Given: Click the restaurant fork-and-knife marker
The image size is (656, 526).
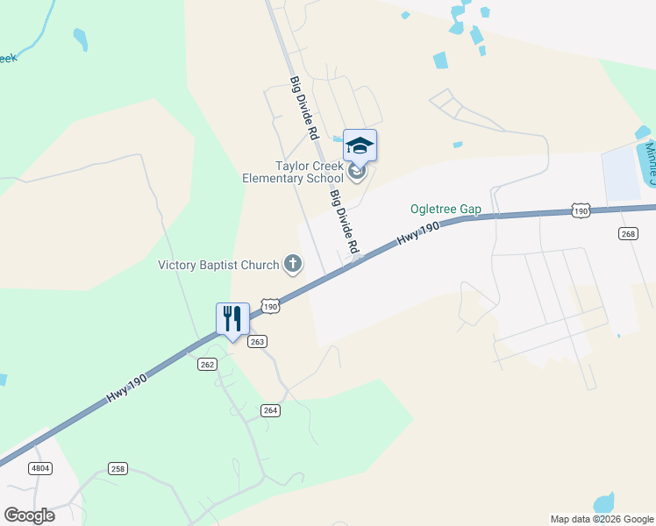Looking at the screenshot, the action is [x=232, y=319].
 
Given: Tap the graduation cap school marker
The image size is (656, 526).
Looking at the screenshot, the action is [x=360, y=145].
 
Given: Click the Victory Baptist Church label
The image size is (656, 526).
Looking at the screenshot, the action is [x=218, y=265].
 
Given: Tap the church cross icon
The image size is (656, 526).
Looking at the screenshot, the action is [x=293, y=264].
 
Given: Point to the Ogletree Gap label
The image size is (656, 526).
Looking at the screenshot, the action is [x=446, y=210].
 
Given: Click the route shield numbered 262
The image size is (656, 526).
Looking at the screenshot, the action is [x=207, y=365].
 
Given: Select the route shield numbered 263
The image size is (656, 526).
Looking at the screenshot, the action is [x=257, y=341].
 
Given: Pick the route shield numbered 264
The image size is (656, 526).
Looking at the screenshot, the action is [x=270, y=410].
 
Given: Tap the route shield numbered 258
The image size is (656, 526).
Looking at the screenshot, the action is [x=118, y=469].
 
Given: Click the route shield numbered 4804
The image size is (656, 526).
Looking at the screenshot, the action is [x=40, y=469].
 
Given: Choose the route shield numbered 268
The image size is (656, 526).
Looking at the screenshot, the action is [x=627, y=233].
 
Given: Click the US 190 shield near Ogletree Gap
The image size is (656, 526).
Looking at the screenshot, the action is [x=580, y=210].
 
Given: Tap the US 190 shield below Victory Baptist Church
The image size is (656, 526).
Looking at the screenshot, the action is [x=271, y=307].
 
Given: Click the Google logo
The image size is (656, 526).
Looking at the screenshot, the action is [x=29, y=515].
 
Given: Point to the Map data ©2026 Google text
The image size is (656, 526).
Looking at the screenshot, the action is [x=601, y=519].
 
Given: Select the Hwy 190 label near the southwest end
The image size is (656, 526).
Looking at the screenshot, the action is [x=127, y=387].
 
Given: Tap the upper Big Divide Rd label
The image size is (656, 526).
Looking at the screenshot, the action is [x=303, y=109].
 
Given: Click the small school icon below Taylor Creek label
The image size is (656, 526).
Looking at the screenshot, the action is [x=356, y=171].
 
